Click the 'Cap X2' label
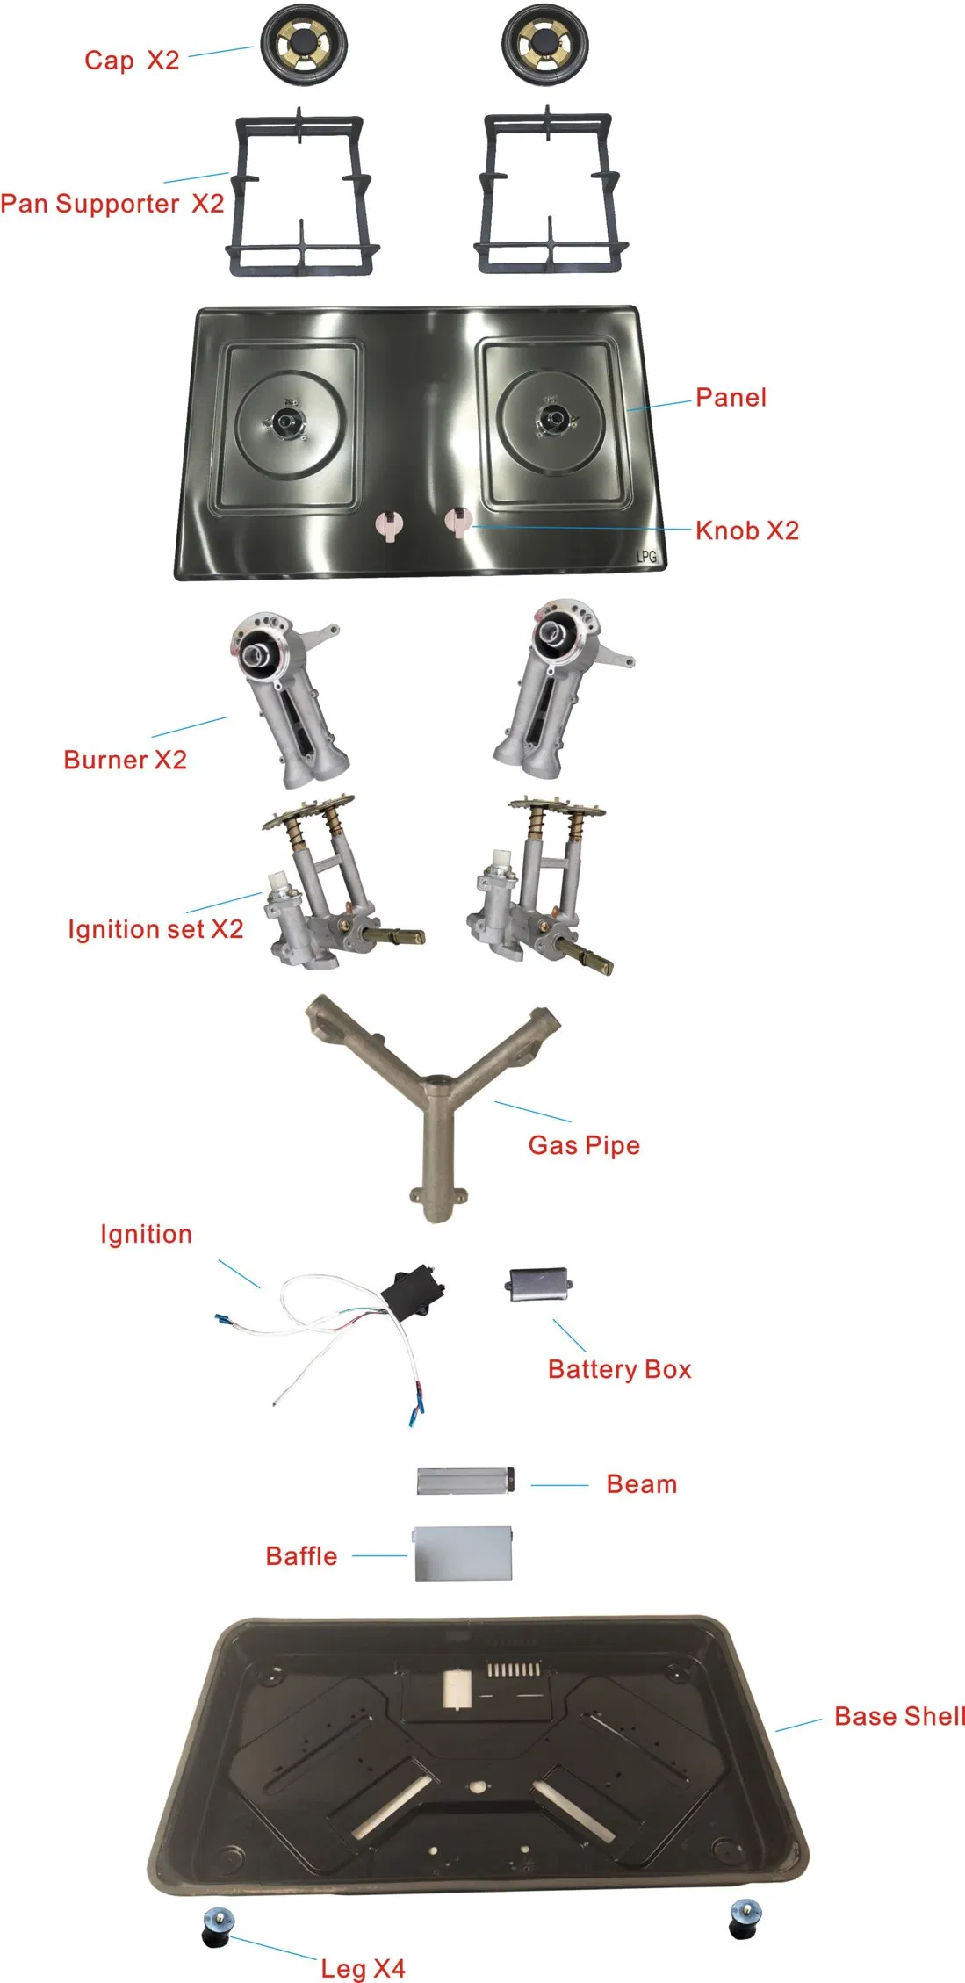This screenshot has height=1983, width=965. tap(132, 60)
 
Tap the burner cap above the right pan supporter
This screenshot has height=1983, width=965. tap(545, 45)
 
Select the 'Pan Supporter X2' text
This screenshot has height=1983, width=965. tap(112, 204)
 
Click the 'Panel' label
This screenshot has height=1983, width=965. tap(731, 398)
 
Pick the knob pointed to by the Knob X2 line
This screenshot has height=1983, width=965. tap(457, 523)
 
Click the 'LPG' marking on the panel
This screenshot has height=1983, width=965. tap(646, 556)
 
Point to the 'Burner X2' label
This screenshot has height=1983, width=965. tap(126, 760)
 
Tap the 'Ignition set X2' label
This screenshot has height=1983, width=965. tap(155, 929)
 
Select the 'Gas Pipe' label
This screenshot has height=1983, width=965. tap(584, 1145)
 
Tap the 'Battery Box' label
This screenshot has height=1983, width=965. tap(619, 1369)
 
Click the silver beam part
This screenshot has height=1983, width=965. tap(464, 1481)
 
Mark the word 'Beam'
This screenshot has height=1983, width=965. tap(642, 1484)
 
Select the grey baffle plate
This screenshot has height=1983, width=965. tap(463, 1554)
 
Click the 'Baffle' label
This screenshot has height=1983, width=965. tap(301, 1556)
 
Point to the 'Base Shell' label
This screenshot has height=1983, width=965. tap(899, 1716)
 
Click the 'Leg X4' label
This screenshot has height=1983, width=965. tap(363, 1968)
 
